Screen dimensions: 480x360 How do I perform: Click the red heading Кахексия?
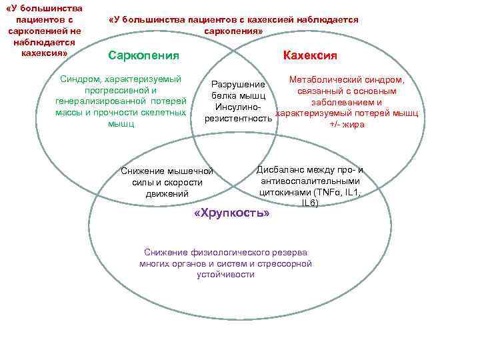[x=310, y=55]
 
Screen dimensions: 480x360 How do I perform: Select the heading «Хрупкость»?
[x=231, y=214]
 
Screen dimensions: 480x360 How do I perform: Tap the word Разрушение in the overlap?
[x=238, y=85]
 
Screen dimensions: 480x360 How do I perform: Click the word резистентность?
[x=238, y=119]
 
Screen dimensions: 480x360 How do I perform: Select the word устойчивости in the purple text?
[x=225, y=274]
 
